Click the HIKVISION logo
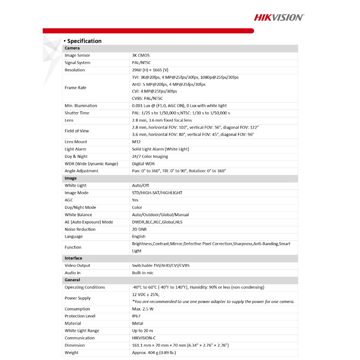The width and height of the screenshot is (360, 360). coord(279,17)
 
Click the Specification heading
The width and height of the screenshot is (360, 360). coord(84,41)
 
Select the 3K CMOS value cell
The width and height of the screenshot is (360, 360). coord(141,56)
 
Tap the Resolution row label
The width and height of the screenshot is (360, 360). coord(75,70)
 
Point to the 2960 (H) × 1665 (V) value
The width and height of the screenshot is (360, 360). coord(150,70)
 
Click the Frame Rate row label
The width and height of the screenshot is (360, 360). coord(75,88)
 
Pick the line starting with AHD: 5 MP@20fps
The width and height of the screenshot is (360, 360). coord(169,84)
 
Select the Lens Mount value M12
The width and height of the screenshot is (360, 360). coord(136,142)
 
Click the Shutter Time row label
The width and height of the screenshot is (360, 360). coord(77,113)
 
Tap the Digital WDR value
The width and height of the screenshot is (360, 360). coord(143,164)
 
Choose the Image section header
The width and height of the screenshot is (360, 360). coord(70,178)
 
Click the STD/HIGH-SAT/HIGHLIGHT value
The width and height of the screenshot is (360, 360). coord(157,193)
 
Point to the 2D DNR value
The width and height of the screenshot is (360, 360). coord(139,230)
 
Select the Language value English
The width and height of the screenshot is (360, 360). coord(139,237)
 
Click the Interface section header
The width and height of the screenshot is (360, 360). coord(73,258)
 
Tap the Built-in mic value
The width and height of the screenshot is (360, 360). coord(143,273)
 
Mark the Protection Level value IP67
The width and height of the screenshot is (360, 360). coord(136,316)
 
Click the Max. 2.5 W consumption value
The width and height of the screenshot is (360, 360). coord(143,309)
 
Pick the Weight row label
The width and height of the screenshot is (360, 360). coord(71,353)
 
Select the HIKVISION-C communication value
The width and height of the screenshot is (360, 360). coord(144,338)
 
